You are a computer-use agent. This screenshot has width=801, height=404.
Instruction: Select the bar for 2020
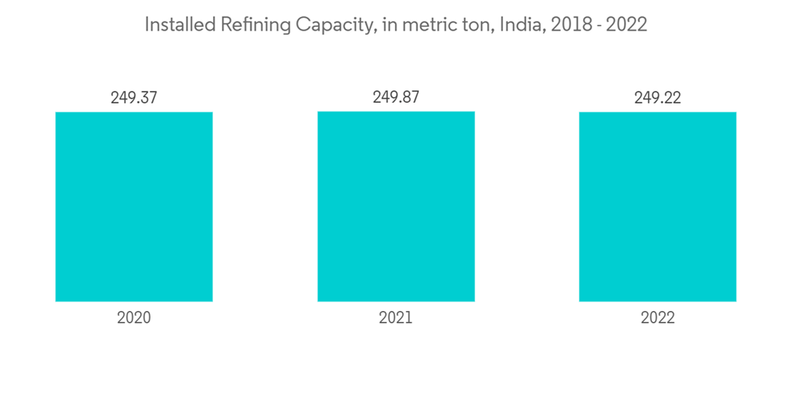click(134, 207)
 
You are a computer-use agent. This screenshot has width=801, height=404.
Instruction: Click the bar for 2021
click(396, 207)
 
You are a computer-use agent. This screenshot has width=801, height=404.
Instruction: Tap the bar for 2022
click(658, 207)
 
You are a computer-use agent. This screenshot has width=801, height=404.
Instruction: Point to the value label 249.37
click(134, 98)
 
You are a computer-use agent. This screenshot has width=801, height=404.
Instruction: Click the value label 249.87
click(396, 97)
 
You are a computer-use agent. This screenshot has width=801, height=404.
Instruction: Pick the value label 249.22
click(658, 98)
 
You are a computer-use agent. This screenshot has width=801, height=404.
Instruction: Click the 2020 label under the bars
click(134, 317)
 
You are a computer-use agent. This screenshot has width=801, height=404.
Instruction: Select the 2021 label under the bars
click(396, 317)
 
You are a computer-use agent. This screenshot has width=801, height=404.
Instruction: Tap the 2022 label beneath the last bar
click(658, 317)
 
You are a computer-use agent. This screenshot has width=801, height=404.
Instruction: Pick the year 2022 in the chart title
click(626, 26)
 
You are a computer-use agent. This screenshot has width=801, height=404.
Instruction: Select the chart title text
click(396, 26)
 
